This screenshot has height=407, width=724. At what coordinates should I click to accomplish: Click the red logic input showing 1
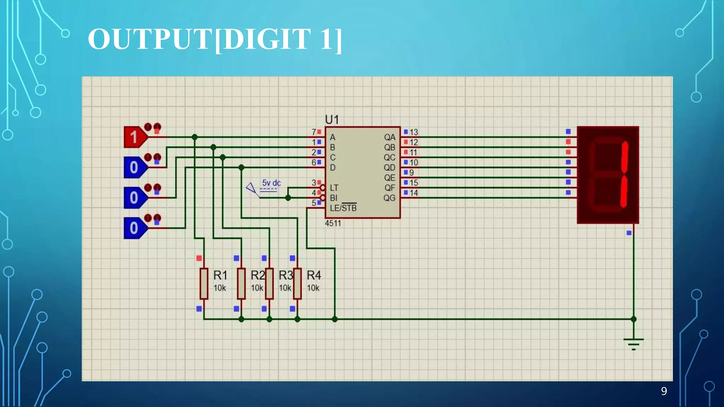point(134,137)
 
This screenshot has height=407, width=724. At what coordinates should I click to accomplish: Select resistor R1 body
point(204,284)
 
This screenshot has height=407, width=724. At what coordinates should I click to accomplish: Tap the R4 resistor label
point(314,275)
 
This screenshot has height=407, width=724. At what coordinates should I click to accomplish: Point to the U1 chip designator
point(332,120)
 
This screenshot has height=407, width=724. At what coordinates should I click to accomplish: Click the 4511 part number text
point(333,223)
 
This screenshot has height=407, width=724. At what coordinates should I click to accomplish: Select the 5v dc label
point(271,183)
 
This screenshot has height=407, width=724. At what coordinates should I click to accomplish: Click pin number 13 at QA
point(414,132)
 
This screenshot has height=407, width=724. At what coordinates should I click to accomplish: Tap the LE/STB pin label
point(343,208)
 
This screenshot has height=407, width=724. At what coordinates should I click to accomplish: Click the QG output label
point(389,198)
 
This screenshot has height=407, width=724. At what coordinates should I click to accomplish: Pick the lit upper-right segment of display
point(625,157)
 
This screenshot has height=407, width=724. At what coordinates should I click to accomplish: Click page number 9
point(664,391)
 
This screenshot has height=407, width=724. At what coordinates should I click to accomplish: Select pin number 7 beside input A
point(314,132)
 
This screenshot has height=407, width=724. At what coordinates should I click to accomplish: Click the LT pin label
point(334,188)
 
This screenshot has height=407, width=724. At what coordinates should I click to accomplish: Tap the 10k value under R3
point(285,288)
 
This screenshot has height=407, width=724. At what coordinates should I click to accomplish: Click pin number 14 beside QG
point(414,193)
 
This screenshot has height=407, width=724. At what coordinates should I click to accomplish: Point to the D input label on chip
point(333,168)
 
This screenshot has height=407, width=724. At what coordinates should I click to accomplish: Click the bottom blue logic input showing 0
point(134,228)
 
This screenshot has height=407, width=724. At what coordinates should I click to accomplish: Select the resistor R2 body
point(241,284)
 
